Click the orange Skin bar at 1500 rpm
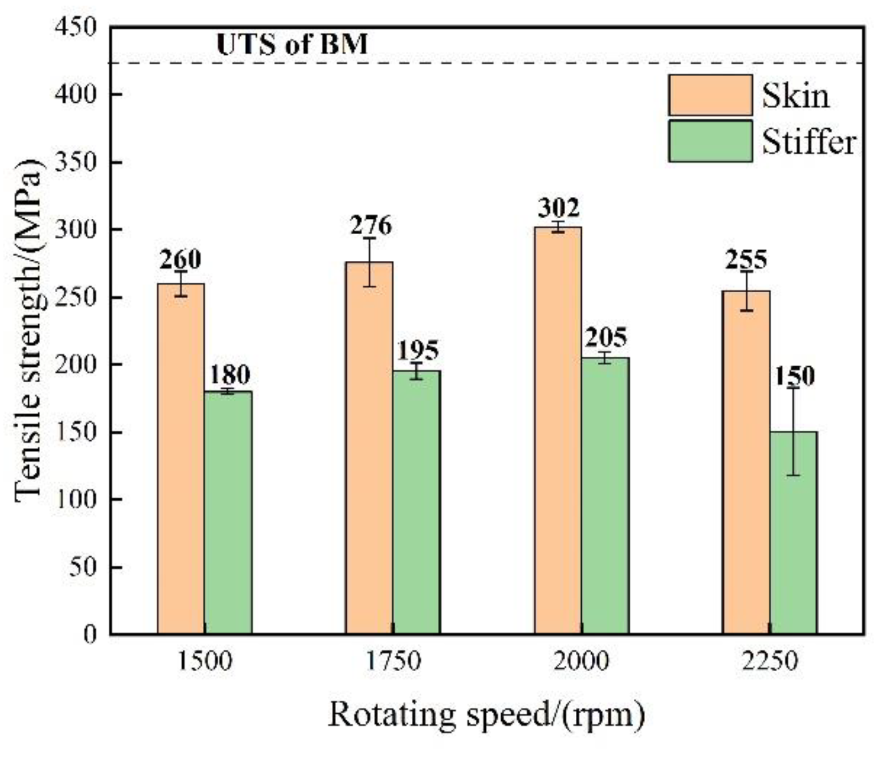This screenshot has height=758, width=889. [181, 458]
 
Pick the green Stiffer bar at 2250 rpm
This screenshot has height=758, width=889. [793, 532]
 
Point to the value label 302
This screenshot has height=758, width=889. [558, 208]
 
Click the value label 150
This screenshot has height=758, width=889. [794, 376]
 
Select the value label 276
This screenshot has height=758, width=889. [371, 225]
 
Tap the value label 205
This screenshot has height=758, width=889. [606, 337]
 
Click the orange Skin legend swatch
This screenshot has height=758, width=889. [710, 95]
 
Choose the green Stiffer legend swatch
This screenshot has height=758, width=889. [710, 141]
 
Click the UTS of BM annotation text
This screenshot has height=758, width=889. [292, 44]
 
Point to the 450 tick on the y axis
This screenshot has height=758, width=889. [77, 27]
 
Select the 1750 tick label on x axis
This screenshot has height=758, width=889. [394, 662]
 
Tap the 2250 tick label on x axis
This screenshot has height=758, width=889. [770, 662]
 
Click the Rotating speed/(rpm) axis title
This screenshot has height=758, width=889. [486, 715]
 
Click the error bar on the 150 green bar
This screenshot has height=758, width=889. [794, 431]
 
